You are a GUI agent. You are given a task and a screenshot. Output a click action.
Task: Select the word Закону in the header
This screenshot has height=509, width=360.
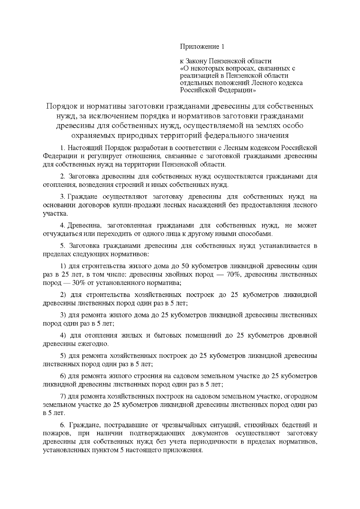click(196, 62)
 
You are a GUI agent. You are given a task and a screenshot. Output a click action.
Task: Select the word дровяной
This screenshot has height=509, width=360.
click(303, 335)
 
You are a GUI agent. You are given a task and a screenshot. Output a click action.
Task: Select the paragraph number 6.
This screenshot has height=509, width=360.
click(62, 425)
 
